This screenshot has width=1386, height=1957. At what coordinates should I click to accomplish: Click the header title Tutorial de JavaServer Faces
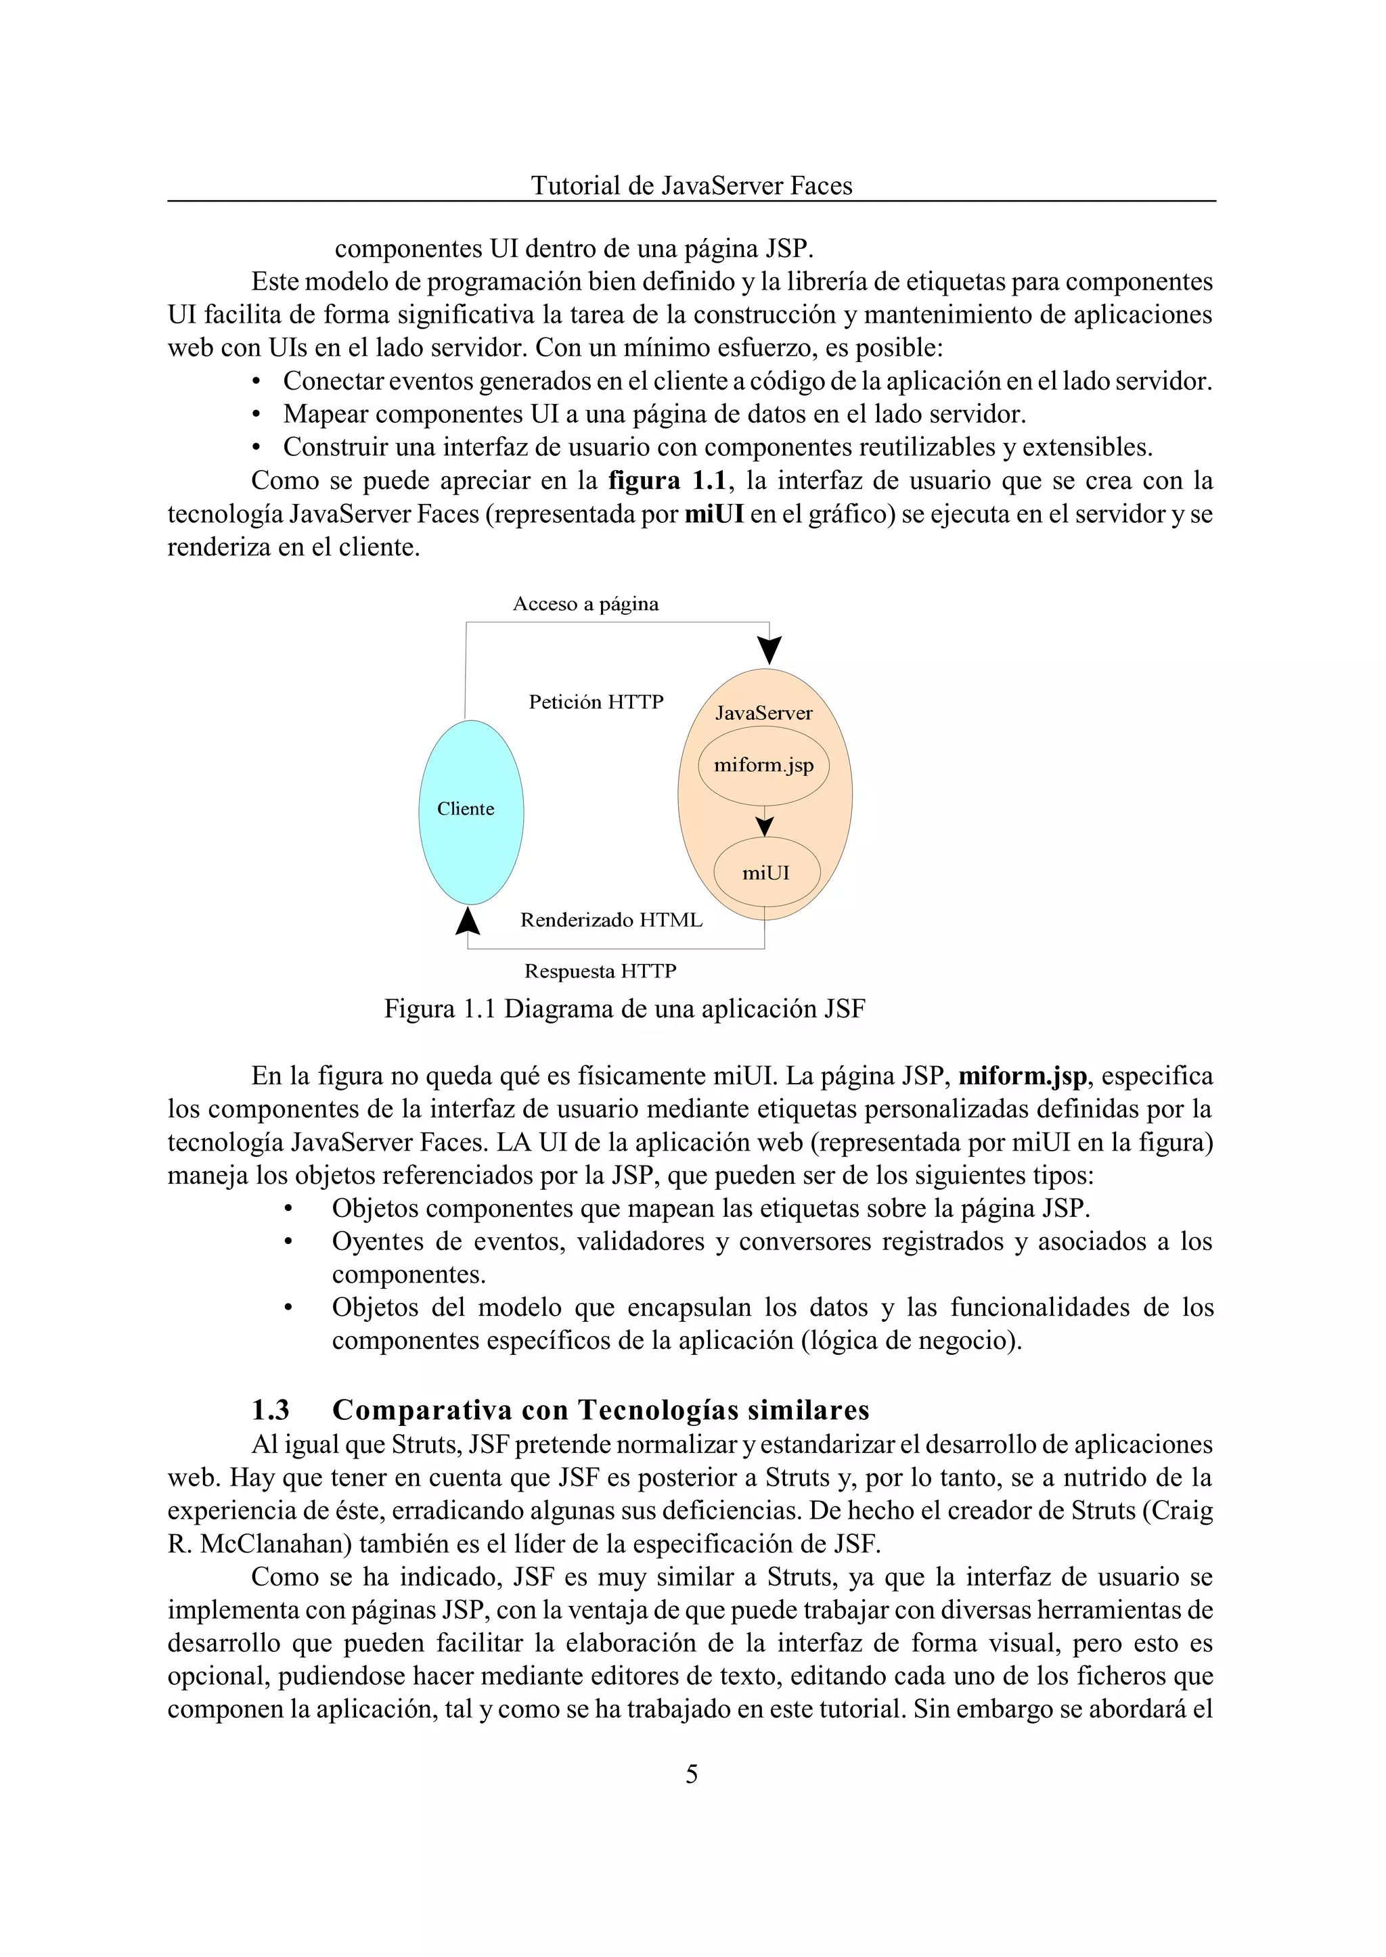[x=691, y=186]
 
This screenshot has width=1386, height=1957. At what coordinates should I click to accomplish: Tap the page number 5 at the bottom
[x=691, y=1774]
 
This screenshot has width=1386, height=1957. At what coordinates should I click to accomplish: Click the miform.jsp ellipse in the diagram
[x=764, y=765]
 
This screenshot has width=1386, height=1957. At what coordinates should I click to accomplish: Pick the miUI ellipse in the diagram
[x=765, y=873]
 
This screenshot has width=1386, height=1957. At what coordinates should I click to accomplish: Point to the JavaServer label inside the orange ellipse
[x=764, y=713]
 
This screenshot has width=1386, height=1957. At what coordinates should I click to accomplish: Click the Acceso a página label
[x=585, y=604]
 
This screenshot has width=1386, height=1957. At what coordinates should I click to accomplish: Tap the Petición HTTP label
[x=596, y=702]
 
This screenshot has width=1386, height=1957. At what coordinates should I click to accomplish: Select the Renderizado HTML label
[x=611, y=919]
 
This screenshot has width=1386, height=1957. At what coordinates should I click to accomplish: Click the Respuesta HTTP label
[x=600, y=971]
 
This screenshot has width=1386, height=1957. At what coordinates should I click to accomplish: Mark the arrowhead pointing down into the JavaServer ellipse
[x=769, y=650]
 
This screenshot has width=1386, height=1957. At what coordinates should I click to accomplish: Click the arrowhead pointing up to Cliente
[x=468, y=921]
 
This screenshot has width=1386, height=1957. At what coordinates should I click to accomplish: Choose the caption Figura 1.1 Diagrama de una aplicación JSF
[x=624, y=1009]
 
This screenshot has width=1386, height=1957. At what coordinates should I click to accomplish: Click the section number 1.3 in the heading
[x=271, y=1410]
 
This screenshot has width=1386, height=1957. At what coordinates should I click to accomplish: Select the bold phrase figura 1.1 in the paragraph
[x=666, y=481]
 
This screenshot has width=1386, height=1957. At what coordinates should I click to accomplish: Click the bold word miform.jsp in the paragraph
[x=1023, y=1077]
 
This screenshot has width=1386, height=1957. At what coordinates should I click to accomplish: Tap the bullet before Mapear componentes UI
[x=256, y=415]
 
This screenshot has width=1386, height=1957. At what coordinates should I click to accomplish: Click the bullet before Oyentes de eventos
[x=288, y=1242]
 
